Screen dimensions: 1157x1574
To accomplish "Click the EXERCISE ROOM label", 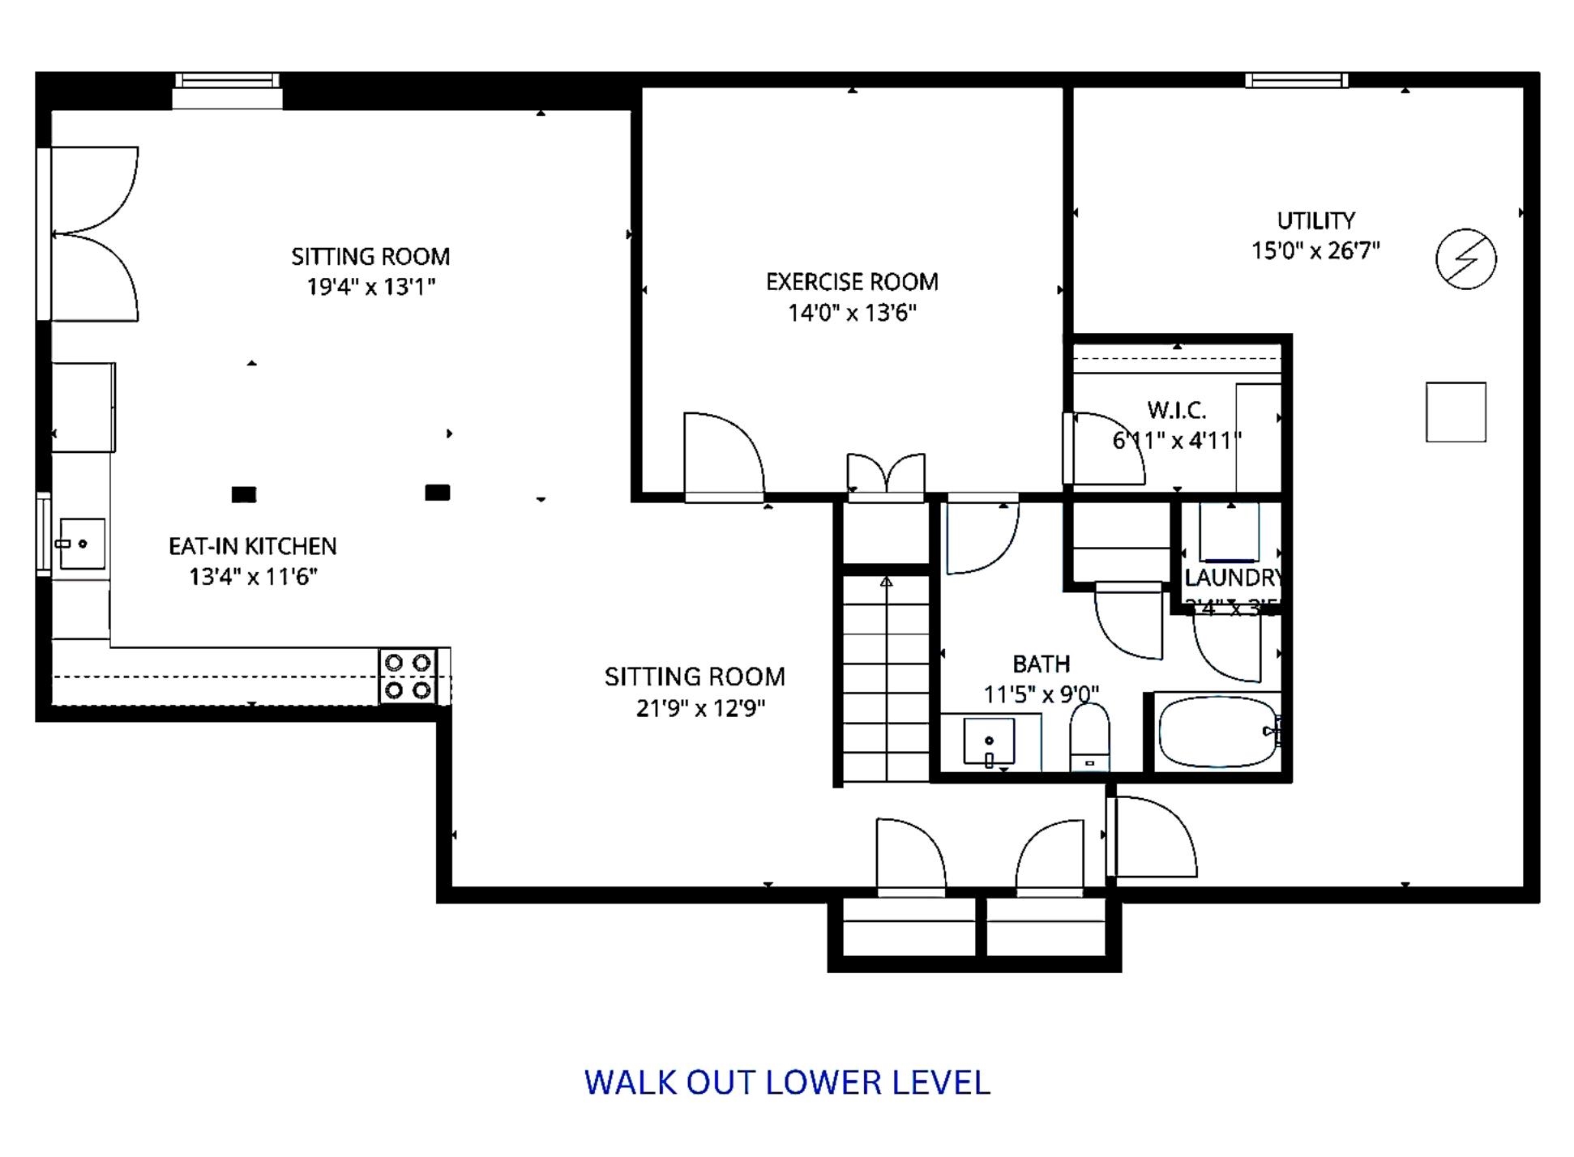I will (x=852, y=282).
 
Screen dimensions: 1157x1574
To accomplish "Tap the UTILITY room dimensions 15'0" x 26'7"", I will (x=1315, y=250).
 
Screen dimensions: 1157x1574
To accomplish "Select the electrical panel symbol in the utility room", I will (x=1465, y=259).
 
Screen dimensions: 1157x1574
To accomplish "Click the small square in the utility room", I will (x=1456, y=412).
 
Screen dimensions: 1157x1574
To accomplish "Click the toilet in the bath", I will (x=1089, y=737).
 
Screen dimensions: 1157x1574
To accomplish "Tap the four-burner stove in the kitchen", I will (x=408, y=677).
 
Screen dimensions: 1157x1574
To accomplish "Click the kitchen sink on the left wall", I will (x=82, y=544).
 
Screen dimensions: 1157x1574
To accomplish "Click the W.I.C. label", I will (x=1176, y=410).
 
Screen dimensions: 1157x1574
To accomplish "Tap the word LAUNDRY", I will (x=1231, y=578).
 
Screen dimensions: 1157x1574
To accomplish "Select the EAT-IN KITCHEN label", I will (x=252, y=546).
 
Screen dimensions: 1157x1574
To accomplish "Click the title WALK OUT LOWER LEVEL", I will (x=787, y=1082).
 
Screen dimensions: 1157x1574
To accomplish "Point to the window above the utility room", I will (x=1297, y=80).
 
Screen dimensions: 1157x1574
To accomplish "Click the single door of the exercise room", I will (x=723, y=458).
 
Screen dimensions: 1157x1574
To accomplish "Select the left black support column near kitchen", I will (x=244, y=494).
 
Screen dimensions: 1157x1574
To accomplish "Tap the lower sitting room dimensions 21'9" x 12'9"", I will (x=700, y=708).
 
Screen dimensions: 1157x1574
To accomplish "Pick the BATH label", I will (x=1041, y=664).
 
